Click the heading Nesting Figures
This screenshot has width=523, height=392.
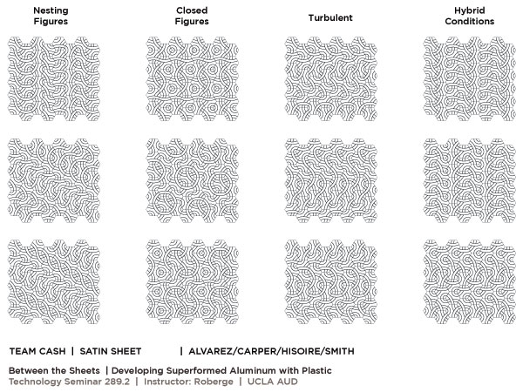coord(51,16)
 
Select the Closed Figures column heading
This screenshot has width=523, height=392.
coord(191,16)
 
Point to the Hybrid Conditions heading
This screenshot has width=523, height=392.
coord(471,16)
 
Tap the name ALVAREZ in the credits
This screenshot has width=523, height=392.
coord(212,352)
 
